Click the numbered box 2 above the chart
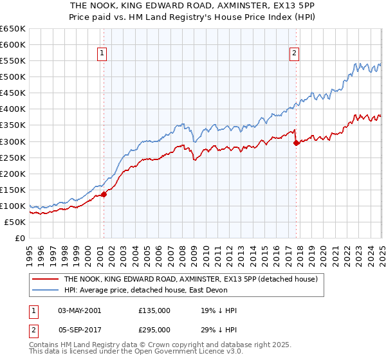[x=294, y=54]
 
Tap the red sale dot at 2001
[x=104, y=194]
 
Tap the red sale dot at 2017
[x=296, y=143]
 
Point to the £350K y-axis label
[x=14, y=125]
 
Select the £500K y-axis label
[x=14, y=77]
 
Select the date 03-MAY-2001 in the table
[x=79, y=310]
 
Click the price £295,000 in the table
[x=154, y=329]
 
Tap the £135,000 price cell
[x=154, y=310]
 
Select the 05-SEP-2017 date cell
[x=79, y=329]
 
